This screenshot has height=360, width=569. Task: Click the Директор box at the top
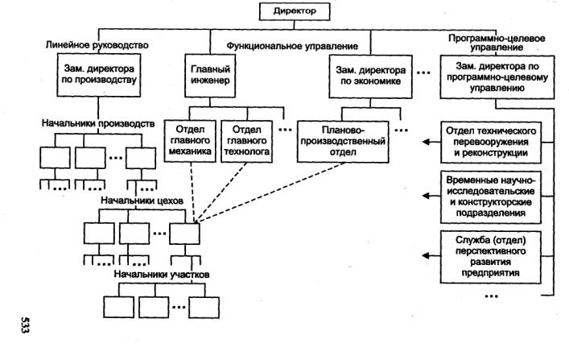coord(295,11)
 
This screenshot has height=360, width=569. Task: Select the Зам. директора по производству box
coord(99,75)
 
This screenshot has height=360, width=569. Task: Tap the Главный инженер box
coord(210,76)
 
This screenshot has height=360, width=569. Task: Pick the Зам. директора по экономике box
coord(370,77)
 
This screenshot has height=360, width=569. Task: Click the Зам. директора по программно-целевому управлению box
coord(497,77)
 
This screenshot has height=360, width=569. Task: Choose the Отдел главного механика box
coord(190,141)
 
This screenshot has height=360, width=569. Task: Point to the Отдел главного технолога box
coord(247,141)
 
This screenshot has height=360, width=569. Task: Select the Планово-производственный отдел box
coord(343,141)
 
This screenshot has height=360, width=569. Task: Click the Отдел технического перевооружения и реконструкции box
coord(491,143)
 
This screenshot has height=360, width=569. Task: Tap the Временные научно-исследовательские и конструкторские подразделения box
coord(491,197)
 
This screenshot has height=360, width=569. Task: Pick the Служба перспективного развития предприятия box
coord(491,257)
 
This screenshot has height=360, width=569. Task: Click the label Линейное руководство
coord(97,45)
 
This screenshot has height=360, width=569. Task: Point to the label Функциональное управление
coord(292,46)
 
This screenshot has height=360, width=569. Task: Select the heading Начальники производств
coord(98,123)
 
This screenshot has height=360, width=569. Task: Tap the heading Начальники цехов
coord(142,201)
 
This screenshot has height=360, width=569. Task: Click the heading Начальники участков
coord(162,275)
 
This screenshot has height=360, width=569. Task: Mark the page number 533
coord(25,325)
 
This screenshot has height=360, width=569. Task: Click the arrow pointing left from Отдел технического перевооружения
coord(431,142)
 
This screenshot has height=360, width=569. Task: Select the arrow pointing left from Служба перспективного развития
coord(431,256)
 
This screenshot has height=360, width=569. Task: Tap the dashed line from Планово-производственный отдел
coord(270,192)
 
